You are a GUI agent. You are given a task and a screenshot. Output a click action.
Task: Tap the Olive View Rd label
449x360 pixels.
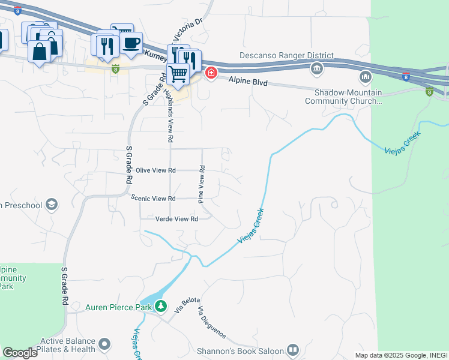coord(155,170)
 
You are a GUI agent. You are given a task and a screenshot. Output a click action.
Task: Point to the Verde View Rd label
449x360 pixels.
coord(176,220)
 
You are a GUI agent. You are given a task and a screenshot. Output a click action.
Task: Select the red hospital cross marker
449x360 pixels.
coord(211,74)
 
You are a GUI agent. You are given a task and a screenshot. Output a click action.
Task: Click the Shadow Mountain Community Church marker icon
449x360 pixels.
coord(366,77)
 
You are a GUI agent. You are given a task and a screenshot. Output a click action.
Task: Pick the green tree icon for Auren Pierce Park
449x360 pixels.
coord(161,307)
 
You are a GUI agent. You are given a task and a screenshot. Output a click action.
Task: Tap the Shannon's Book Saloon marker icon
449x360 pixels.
coord(293,350)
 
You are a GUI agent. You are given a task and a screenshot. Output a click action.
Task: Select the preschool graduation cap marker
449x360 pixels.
coord(51,205)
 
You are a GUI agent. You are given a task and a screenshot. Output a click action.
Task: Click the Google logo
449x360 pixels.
coord(19,353)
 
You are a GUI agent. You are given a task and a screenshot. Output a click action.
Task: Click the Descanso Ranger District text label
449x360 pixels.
coord(286,56)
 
